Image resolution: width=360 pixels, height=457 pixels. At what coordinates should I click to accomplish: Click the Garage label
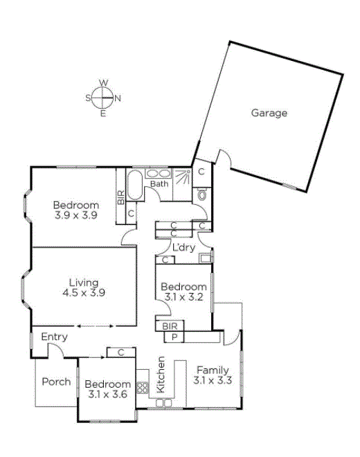tap(269, 113)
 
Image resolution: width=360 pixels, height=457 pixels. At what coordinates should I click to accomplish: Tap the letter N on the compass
tap(118, 98)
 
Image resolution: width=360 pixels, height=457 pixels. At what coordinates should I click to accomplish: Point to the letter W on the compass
tap(103, 83)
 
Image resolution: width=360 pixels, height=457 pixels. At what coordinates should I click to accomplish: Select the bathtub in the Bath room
tap(135, 185)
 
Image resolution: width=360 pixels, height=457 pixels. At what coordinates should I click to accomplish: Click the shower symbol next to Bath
tap(183, 177)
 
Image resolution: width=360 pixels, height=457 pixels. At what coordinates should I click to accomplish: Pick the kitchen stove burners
tap(143, 388)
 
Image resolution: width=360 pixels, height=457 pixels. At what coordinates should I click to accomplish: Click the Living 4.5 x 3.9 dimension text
tap(84, 292)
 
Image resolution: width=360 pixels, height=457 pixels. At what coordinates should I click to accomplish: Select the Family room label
tap(213, 370)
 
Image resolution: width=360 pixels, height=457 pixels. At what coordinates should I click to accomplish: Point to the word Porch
tap(56, 382)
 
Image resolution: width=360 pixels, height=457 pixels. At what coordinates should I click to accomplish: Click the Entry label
tap(54, 337)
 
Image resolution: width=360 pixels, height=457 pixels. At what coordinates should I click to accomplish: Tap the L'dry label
tap(183, 247)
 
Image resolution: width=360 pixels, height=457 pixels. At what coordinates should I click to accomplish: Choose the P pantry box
tap(174, 337)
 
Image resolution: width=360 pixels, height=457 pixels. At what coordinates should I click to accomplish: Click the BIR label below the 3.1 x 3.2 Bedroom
tap(170, 326)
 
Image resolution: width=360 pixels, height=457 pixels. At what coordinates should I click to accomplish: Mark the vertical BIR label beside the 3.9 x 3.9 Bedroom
tap(121, 197)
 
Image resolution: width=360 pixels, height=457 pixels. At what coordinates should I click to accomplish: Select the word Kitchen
tap(161, 375)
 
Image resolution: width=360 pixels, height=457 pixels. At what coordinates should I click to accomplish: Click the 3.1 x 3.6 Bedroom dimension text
tap(107, 395)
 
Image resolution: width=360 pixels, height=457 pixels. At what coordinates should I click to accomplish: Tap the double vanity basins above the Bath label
tap(158, 174)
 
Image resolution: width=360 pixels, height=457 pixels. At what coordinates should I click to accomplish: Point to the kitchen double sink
tap(164, 403)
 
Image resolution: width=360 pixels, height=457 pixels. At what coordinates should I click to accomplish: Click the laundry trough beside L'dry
tap(205, 258)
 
